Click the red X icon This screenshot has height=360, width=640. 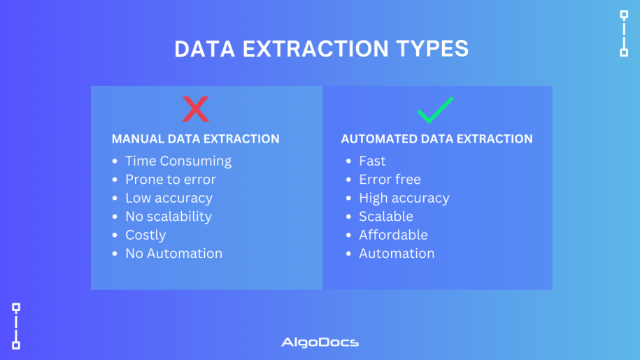coord(196,109)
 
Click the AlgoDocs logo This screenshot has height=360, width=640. coord(320,342)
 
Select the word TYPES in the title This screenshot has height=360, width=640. coord(432,49)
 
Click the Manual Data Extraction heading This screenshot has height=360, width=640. coord(196,139)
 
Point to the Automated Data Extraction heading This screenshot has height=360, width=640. coord(436,139)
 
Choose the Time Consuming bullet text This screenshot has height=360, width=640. coord(178,161)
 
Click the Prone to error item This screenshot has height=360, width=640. coord(171,180)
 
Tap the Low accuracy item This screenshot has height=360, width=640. coord(169,198)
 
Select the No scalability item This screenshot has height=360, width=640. coord(169,217)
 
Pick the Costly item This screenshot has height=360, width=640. coord(145,236)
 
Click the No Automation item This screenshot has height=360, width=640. coord(174,254)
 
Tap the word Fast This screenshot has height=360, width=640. coord(372,161)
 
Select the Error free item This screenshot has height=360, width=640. coord(390,180)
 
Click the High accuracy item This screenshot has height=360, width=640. coord(404,198)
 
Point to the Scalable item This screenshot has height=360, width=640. coord(386,217)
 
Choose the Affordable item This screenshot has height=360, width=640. coord(394,235)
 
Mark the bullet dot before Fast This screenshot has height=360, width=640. coord(348,161)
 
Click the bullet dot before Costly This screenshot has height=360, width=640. coord(115,236)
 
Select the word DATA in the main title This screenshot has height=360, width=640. coord(205,49)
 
